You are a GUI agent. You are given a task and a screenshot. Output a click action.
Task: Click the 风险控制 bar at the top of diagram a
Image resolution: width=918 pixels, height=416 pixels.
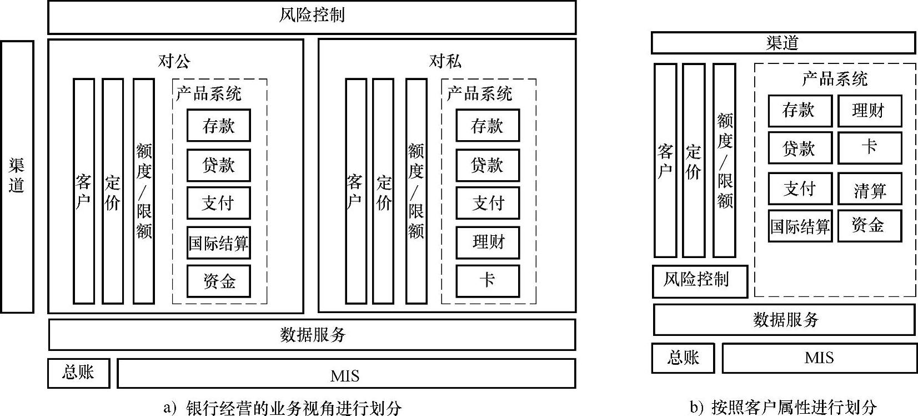(x=312, y=17)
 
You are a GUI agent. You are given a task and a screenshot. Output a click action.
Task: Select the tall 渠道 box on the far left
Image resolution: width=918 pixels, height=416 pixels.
(x=17, y=176)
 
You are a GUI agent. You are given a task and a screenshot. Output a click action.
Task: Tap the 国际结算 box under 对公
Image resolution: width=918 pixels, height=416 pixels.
(x=218, y=243)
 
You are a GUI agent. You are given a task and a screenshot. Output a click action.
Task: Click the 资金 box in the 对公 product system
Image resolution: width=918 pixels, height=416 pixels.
(x=218, y=281)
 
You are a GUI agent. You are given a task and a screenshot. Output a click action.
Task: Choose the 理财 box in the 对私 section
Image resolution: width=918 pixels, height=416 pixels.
(x=488, y=242)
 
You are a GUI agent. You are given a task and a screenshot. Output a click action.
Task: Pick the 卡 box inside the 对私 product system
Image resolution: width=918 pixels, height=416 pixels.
(x=488, y=281)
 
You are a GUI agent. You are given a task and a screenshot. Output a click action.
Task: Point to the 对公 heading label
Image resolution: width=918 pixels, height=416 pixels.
(x=174, y=61)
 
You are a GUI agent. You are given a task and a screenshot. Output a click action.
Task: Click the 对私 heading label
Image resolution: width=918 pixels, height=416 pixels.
(x=445, y=61)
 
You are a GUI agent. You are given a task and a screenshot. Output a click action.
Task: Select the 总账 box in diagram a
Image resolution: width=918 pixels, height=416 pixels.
(x=78, y=373)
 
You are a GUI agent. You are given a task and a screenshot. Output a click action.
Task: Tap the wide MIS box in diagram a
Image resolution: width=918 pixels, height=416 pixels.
(x=345, y=374)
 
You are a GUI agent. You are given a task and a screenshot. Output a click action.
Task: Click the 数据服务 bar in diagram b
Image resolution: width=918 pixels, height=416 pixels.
(x=784, y=320)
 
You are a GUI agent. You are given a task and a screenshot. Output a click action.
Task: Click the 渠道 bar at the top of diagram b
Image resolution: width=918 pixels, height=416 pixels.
(x=782, y=43)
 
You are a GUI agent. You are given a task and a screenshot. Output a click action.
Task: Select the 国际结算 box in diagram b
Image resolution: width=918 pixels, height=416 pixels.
(x=800, y=226)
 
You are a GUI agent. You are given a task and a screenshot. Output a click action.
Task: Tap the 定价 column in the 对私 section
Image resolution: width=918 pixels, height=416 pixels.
(x=383, y=191)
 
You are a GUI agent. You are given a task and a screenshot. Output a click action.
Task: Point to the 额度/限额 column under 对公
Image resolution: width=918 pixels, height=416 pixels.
(x=144, y=191)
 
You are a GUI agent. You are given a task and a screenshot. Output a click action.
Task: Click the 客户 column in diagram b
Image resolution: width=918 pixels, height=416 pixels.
(x=665, y=160)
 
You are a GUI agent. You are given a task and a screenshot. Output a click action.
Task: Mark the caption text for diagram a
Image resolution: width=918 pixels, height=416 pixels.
(x=283, y=408)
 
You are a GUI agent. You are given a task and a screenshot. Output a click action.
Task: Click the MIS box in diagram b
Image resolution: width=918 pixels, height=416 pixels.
(x=819, y=358)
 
